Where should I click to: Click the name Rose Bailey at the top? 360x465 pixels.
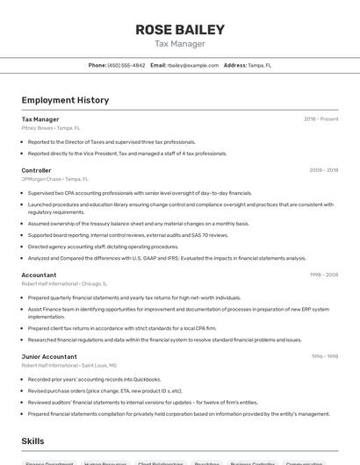coord(180,30)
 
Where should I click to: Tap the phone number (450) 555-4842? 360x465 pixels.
coord(126,65)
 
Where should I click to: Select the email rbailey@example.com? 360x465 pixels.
coord(192,65)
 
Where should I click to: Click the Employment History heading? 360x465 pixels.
coord(65,100)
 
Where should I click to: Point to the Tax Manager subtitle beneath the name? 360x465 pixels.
coord(180,44)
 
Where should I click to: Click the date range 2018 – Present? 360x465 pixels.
coord(320,119)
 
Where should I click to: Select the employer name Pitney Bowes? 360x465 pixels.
coord(37,127)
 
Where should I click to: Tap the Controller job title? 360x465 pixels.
coord(37,170)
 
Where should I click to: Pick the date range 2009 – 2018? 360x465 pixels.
coord(323,170)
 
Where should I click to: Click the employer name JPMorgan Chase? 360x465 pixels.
coord(40,178)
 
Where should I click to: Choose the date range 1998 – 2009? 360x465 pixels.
coord(323,275)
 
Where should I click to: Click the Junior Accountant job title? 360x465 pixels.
coord(49,356)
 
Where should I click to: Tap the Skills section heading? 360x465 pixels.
coord(33,440)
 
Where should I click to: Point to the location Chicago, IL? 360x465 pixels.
coord(94,283)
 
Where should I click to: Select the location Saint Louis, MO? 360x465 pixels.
coord(99,364)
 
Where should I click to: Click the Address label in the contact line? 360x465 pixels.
coord(235,65)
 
